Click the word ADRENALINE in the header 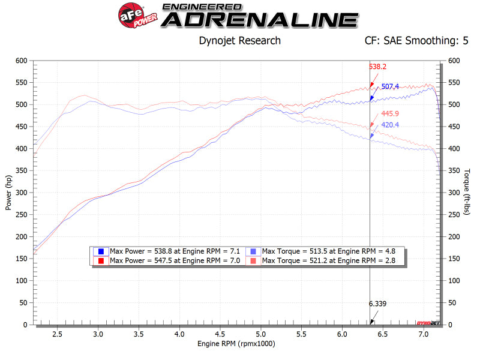260,20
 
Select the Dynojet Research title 239,41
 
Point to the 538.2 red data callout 377,67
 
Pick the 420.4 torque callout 391,125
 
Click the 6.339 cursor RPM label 378,304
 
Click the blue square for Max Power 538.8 101,251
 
